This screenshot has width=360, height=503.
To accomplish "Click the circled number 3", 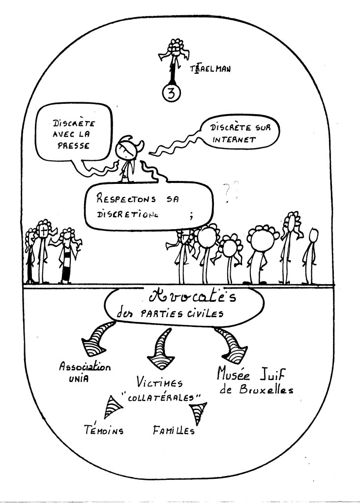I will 172,94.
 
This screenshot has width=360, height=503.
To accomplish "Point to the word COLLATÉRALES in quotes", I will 166,398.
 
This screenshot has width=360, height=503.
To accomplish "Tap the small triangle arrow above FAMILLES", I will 199,412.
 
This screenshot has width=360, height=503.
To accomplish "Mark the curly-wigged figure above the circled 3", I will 173,49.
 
